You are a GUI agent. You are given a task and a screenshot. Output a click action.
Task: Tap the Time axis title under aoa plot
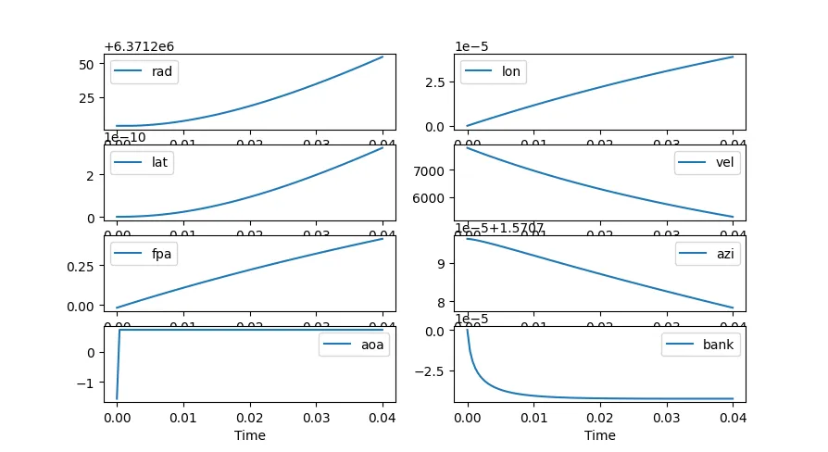250,435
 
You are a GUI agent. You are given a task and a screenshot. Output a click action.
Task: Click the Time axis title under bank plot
600,435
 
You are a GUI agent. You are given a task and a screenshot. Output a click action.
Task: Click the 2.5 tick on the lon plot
438,82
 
